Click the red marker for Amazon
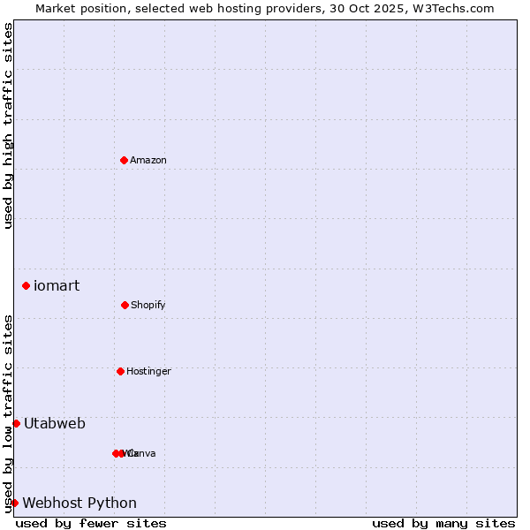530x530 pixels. coord(125,160)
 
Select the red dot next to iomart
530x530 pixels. coord(26,285)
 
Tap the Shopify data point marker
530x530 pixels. coord(125,305)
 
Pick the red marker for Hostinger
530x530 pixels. coord(120,371)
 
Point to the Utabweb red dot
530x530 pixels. coord(16,423)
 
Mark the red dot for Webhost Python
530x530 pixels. coord(14,503)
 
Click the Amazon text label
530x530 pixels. coord(148,160)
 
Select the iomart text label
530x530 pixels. coord(57,285)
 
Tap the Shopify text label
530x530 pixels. coord(148,305)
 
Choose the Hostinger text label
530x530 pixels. coord(148,371)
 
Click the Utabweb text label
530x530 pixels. coord(55,423)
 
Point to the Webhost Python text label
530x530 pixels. coord(79,503)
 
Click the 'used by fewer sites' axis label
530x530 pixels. coord(91,523)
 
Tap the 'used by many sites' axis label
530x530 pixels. coord(443,523)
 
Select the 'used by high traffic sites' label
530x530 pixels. coord(8,125)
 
